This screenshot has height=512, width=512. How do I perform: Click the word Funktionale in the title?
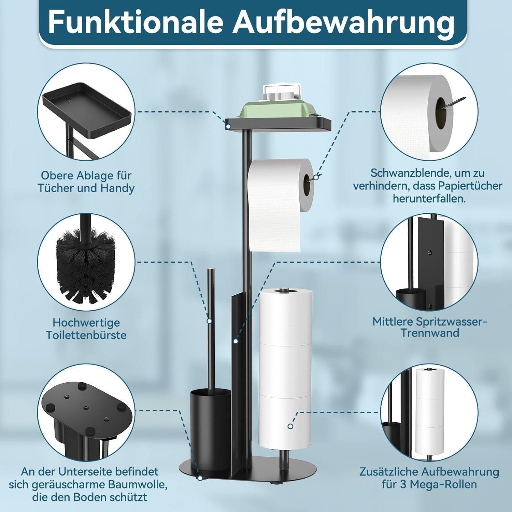tap(136, 22)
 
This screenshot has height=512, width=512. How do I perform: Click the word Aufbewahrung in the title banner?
tap(343, 22)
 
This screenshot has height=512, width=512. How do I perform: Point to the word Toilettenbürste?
tap(86, 335)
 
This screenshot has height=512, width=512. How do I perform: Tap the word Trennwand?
tap(429, 333)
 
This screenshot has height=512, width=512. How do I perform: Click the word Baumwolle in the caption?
tap(135, 484)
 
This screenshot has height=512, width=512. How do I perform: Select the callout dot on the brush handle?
tap(209, 321)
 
